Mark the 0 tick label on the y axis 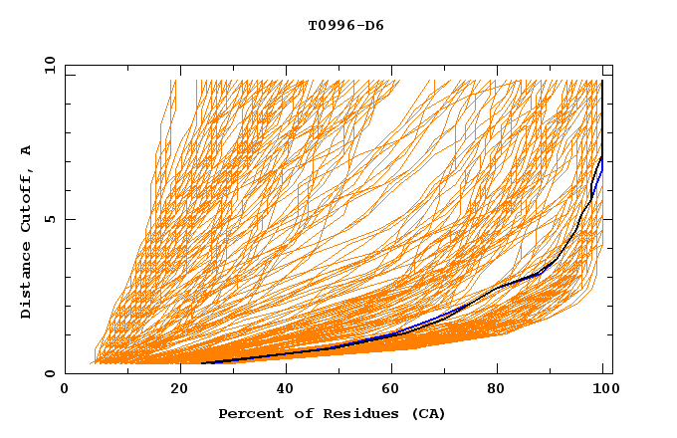(49, 374)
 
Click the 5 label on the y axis (49, 219)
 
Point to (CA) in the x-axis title (426, 413)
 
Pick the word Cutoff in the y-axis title (27, 202)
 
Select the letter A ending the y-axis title (27, 150)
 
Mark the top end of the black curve (602, 82)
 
